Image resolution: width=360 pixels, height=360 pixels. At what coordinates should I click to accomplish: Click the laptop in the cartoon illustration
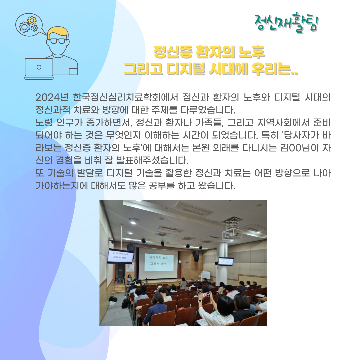point(39,68)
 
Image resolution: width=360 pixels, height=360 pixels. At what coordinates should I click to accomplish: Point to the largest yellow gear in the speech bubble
point(32,20)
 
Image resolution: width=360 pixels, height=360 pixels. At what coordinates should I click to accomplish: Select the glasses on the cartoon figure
point(58,41)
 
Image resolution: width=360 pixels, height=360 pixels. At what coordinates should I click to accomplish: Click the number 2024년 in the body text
point(52,97)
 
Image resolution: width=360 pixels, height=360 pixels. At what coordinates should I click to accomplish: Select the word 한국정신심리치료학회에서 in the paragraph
point(125,97)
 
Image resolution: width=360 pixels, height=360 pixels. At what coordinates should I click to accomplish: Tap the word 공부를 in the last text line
point(162,186)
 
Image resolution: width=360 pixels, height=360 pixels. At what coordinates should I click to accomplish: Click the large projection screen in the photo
point(158,259)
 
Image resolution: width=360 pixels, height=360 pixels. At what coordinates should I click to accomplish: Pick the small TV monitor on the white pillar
point(226,261)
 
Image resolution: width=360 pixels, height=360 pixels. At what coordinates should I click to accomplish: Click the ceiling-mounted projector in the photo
point(231,233)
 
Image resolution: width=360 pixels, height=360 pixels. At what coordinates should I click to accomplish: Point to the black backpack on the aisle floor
point(125,303)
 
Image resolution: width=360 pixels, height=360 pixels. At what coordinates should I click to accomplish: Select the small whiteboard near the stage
point(206,275)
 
